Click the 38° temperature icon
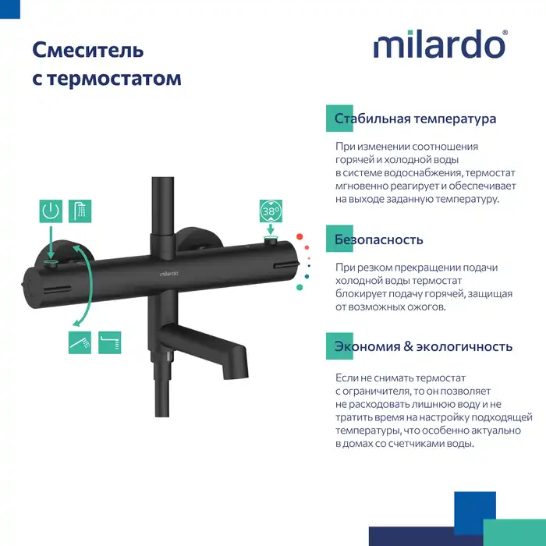point(271,211)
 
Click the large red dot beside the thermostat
point(299,236)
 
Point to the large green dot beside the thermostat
point(299,286)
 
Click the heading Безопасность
point(378,239)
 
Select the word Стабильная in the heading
point(369,119)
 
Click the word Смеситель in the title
point(87,51)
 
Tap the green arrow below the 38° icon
point(271,230)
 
